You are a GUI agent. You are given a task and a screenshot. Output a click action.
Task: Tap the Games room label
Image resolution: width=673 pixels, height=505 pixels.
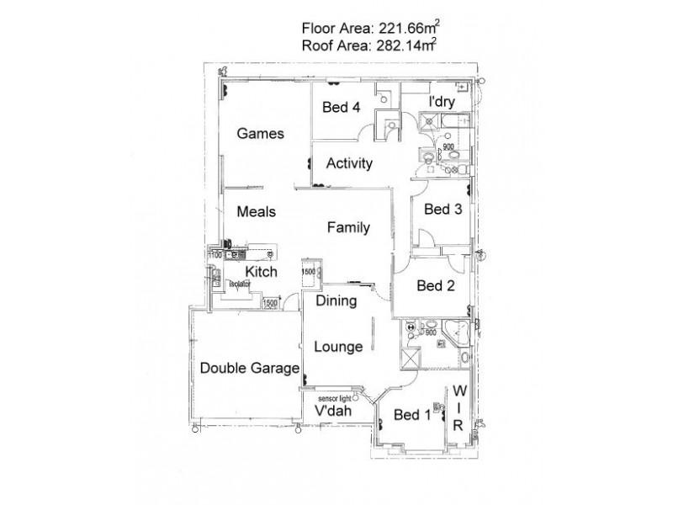260,133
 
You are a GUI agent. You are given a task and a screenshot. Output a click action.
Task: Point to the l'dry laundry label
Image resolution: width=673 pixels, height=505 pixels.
444,102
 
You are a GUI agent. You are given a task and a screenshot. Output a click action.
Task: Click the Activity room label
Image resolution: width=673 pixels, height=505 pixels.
349,163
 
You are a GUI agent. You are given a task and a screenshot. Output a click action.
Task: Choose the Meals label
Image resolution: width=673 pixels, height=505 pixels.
257,212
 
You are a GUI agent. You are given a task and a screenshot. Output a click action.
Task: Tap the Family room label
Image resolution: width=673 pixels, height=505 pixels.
348,226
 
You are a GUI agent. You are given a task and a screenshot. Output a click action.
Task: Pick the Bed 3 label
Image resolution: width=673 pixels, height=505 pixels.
442,210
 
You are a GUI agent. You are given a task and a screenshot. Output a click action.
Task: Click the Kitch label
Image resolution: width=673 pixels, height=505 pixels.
261,272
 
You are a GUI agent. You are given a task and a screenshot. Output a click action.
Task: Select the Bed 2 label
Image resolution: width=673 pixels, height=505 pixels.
436,286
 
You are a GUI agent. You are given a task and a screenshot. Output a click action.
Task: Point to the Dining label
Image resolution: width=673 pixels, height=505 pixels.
336,300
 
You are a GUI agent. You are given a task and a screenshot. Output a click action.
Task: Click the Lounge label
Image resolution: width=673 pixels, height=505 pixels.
338,346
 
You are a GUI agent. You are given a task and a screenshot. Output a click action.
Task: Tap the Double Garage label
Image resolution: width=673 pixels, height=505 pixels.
250,368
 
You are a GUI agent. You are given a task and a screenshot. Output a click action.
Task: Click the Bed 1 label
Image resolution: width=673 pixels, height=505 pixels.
412,414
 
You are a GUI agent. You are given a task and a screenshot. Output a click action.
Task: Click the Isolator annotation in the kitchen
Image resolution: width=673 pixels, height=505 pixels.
240,284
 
